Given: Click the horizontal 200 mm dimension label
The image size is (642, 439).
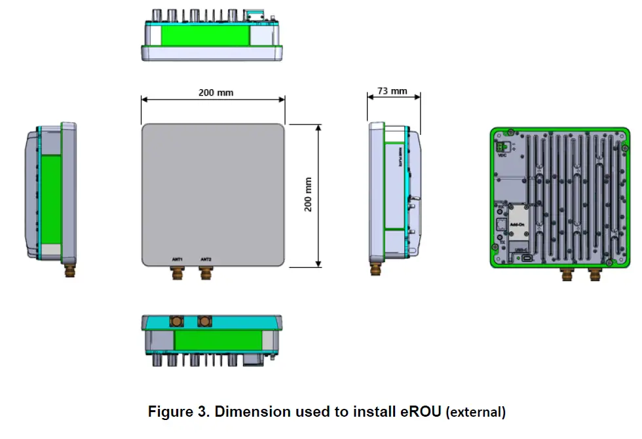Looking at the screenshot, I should (x=216, y=92).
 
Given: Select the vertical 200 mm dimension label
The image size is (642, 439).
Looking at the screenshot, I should (x=308, y=194).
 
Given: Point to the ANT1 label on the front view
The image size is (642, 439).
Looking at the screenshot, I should (x=177, y=259).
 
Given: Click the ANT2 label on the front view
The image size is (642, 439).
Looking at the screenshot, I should (x=206, y=259).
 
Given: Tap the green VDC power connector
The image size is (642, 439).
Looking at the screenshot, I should (x=501, y=147).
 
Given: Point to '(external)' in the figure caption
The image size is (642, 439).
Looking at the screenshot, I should (x=476, y=413).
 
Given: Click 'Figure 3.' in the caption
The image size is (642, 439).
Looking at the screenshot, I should (x=178, y=412).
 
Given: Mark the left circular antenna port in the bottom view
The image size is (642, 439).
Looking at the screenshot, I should (x=177, y=321).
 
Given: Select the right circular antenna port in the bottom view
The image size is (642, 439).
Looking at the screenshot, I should (x=205, y=321).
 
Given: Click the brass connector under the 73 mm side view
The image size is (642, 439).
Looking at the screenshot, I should (x=377, y=269).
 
